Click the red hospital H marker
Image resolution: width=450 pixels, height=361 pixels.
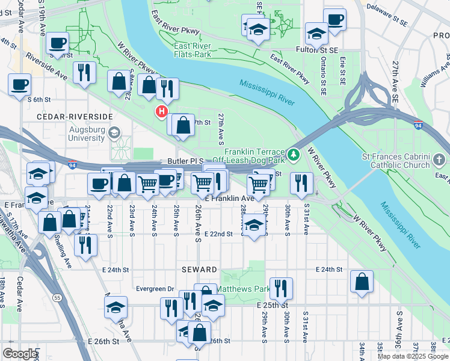(161, 111)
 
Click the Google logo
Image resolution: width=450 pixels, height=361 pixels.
(20, 354)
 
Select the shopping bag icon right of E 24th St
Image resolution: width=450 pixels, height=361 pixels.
(361, 282)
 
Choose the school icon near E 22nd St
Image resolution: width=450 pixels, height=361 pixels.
(254, 226)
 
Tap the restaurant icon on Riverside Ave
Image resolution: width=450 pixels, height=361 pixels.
(84, 72)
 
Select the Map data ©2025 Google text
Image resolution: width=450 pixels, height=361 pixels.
(412, 356)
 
